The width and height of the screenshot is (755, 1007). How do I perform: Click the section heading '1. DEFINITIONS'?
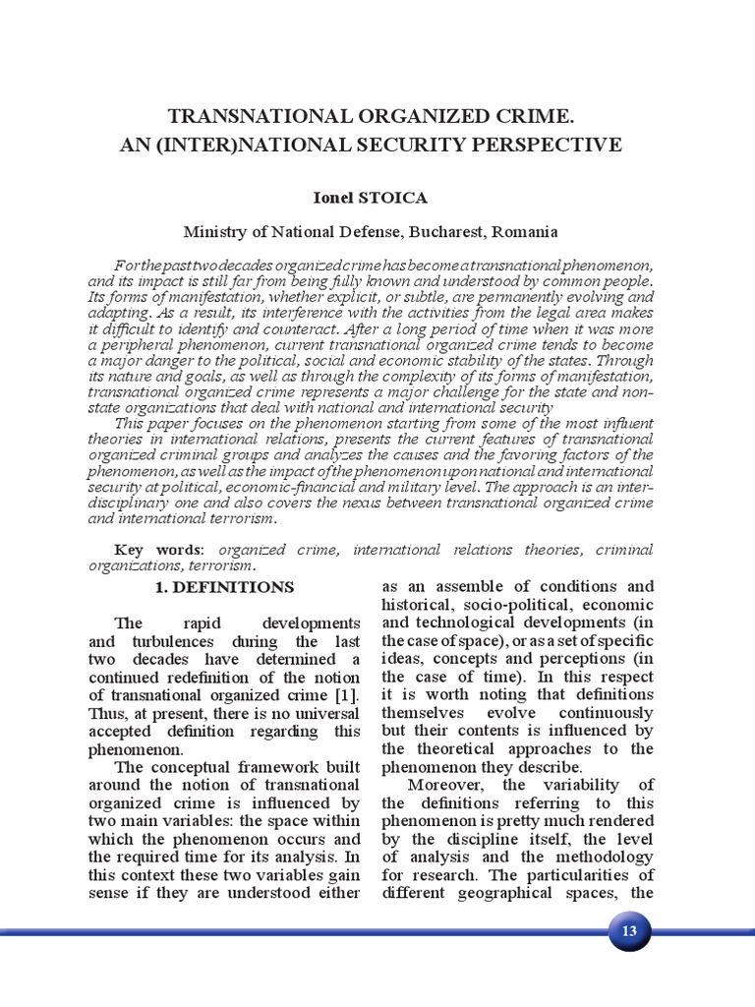225,587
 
